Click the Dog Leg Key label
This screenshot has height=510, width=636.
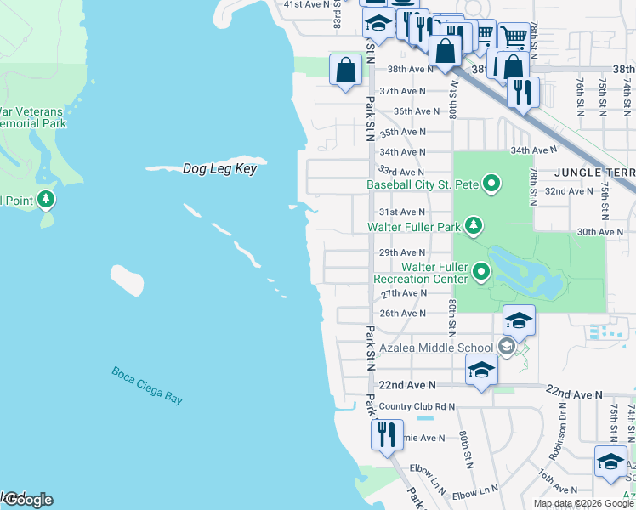219,169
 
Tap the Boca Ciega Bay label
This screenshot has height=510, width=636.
147,384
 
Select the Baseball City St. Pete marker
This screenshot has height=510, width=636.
491,184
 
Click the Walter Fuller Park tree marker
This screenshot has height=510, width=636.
474,226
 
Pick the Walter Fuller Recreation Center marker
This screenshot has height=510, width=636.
481,272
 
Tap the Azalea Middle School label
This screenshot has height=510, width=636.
437,348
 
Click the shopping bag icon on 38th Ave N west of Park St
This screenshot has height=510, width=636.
346,70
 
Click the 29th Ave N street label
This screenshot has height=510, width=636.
402,252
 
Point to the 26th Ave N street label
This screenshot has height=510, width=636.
402,314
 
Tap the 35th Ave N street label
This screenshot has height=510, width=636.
402,132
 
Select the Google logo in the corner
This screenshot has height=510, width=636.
27,499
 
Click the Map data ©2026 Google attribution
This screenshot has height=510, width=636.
583,503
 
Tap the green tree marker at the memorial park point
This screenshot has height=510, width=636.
47,200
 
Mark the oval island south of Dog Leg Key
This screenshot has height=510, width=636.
127,280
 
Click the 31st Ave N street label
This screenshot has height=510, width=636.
402,212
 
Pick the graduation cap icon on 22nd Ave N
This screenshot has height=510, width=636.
480,371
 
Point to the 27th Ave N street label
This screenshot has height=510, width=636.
402,293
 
